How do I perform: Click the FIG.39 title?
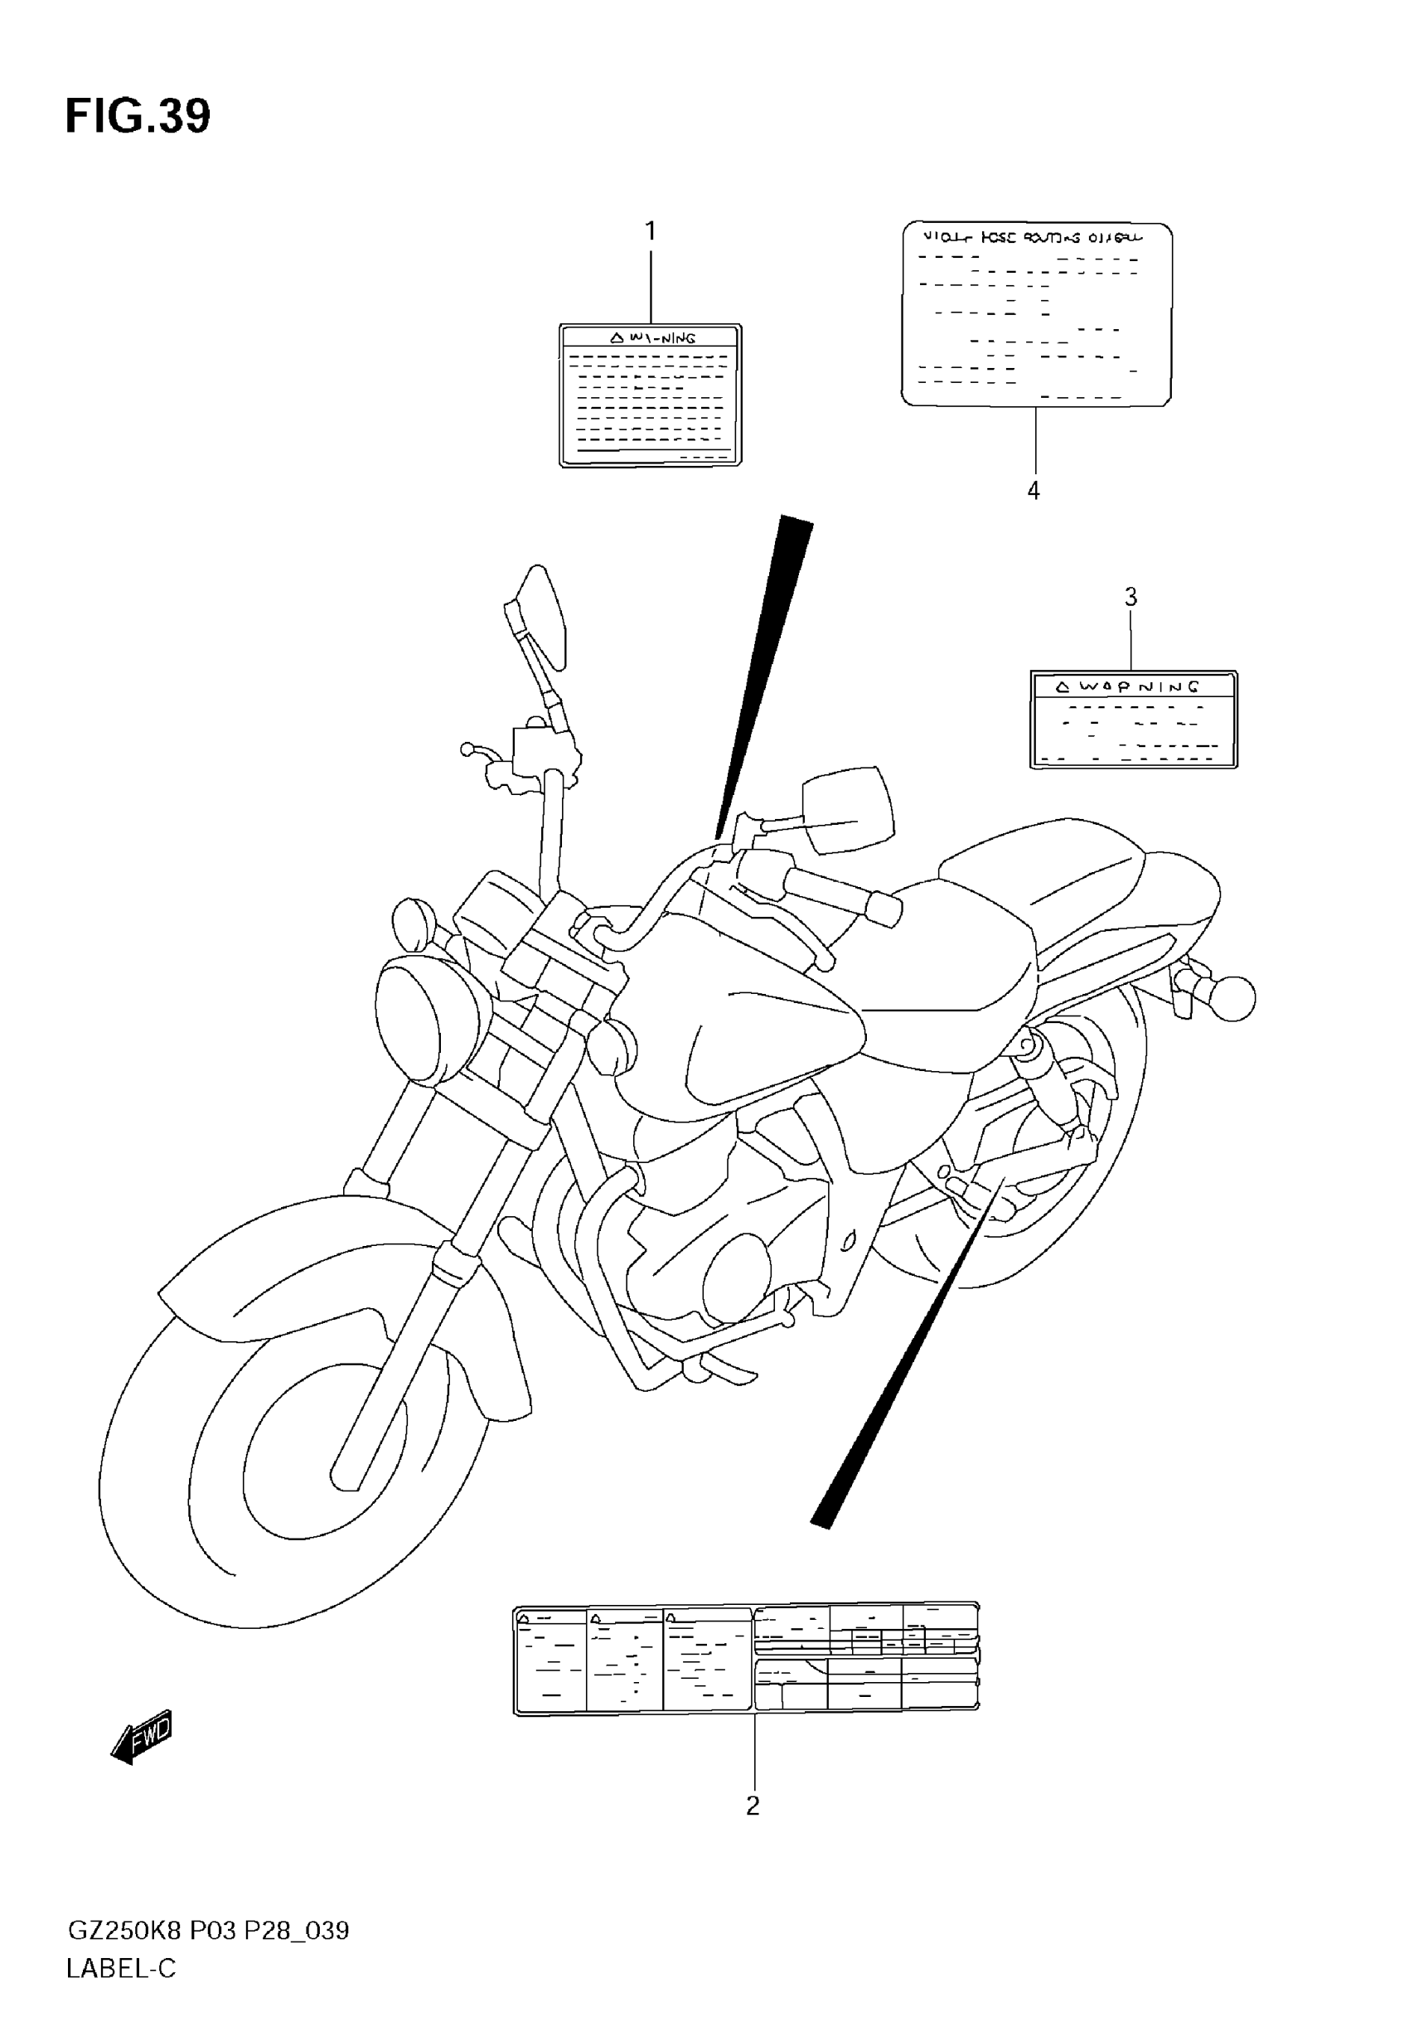[x=138, y=117]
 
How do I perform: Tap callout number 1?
[x=651, y=231]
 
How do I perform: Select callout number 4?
[x=1034, y=491]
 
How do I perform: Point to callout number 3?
[x=1131, y=598]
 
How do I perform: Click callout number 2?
[x=753, y=1806]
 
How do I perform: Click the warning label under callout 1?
[x=651, y=395]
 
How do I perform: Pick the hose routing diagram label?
[x=1037, y=314]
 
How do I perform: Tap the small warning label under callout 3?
[x=1134, y=720]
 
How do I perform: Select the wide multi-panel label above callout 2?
[x=746, y=1660]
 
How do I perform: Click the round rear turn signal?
[x=1232, y=999]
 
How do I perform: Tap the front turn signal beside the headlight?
[x=412, y=924]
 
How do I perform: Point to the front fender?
[x=292, y=1253]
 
